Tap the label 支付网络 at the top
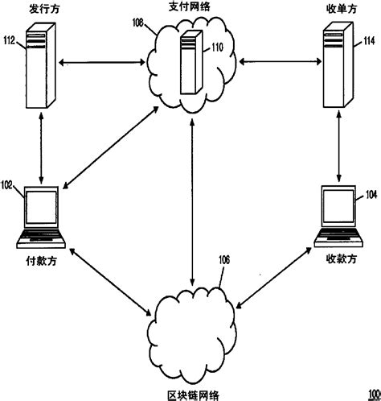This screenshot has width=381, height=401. [x=190, y=7]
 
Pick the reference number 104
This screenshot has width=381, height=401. [x=370, y=194]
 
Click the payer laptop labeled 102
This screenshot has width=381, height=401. [x=41, y=216]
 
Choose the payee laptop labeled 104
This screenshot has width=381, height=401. [x=338, y=216]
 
